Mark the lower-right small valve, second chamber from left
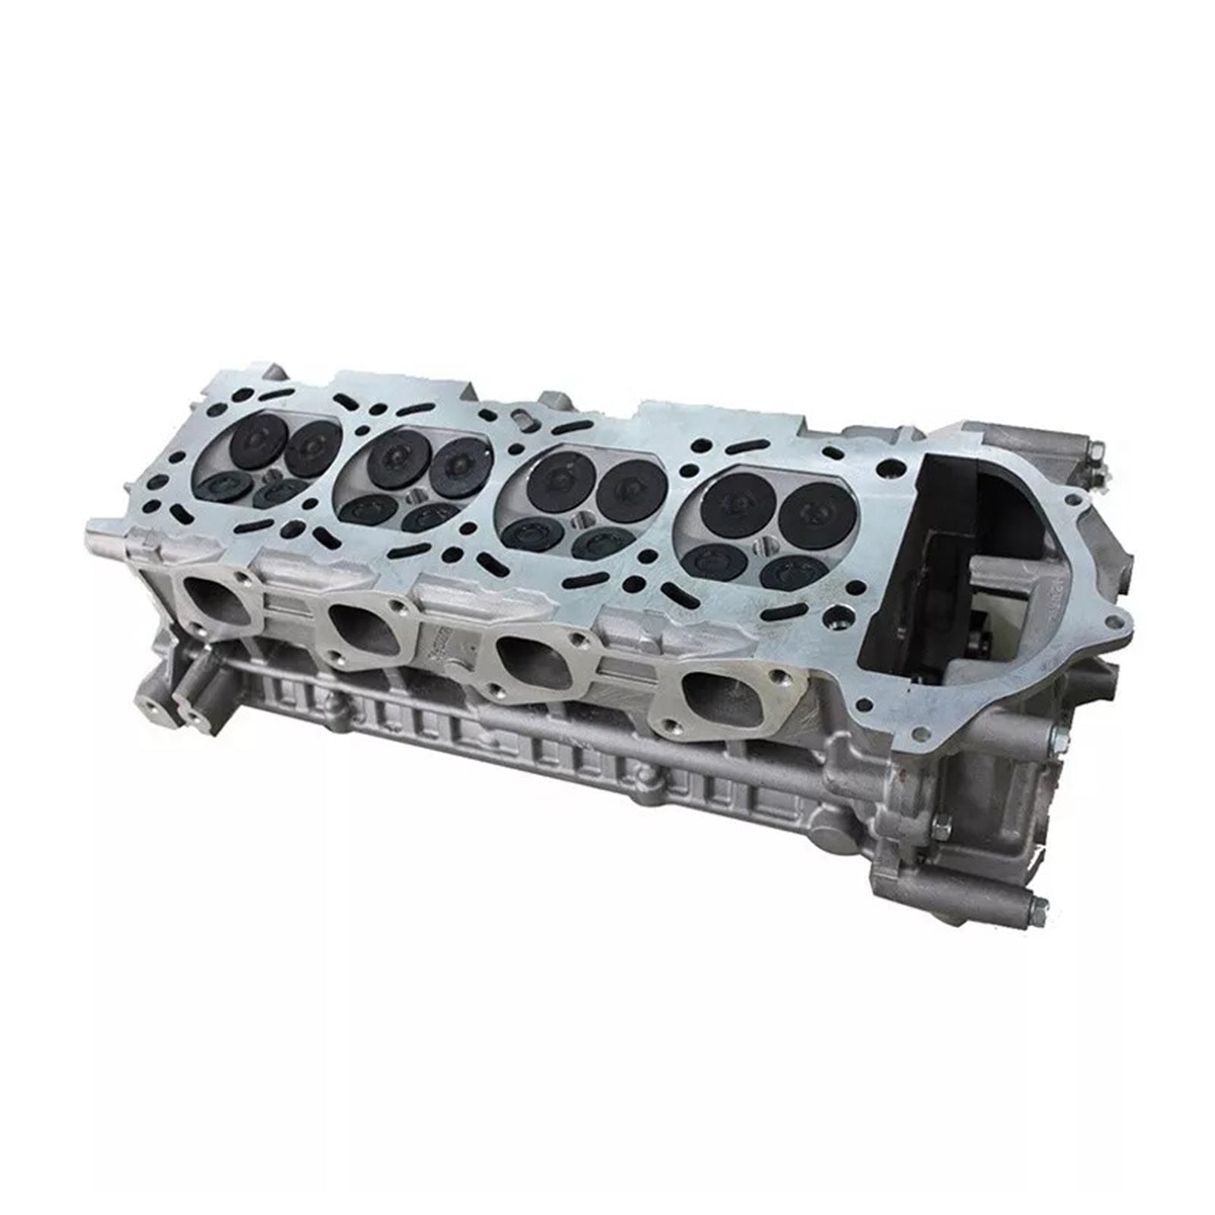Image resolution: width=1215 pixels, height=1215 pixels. click(434, 518)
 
